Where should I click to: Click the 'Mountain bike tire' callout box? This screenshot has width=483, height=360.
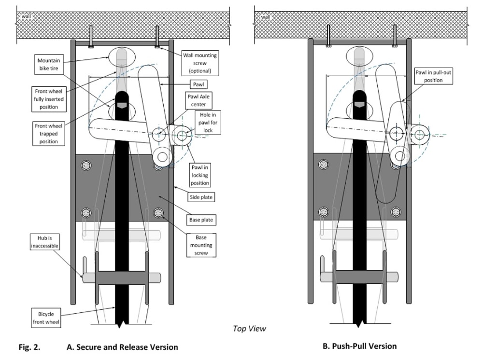[x=49, y=64]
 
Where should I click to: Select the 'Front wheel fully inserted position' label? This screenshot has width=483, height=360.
[x=49, y=99]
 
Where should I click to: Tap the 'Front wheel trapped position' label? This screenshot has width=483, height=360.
[x=49, y=134]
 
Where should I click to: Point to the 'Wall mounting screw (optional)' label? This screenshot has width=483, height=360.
[x=200, y=63]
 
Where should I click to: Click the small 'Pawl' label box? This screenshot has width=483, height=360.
[x=199, y=84]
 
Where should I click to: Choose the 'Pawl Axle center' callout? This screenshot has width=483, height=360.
[x=199, y=100]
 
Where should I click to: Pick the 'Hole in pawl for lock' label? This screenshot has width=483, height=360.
[x=208, y=123]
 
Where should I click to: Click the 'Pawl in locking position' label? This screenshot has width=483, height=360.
[x=200, y=175]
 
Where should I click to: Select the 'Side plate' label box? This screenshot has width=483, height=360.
[x=201, y=197]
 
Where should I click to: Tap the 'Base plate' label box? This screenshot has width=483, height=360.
[x=201, y=220]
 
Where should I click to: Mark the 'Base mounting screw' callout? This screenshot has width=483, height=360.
[x=201, y=245]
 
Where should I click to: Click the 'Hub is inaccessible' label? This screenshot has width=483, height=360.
[x=44, y=242]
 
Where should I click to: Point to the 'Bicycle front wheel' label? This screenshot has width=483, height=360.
[x=46, y=318]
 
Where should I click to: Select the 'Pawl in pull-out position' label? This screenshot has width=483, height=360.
[x=433, y=76]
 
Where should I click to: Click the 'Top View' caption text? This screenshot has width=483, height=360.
[x=249, y=329]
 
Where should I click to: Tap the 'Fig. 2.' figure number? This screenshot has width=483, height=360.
[x=29, y=347]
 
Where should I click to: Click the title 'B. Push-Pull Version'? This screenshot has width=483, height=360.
[x=360, y=346]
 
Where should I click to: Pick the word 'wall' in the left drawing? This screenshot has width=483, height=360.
[x=27, y=16]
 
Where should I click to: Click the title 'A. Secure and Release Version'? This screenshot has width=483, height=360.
[x=122, y=347]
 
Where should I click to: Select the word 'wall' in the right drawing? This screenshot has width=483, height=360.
[x=266, y=17]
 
